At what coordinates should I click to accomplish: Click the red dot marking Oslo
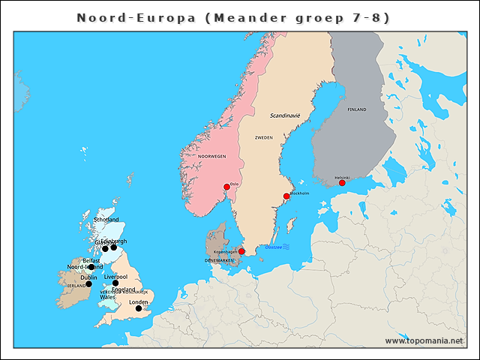coord(226,187)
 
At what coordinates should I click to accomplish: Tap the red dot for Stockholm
coord(286,196)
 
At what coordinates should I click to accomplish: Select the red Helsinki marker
coord(342,183)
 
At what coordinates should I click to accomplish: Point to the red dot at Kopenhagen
coord(241,251)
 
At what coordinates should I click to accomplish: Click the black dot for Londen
coord(138,308)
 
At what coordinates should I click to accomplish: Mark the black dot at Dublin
coord(88,283)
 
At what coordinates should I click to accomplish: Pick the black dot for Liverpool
coord(115,283)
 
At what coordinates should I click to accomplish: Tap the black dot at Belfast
coord(91,267)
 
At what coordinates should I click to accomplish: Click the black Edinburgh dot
coord(114,247)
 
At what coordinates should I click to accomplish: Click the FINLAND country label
coord(357,109)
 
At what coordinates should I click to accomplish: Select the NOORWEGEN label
coord(211,156)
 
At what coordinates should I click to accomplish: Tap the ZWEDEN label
coord(264,138)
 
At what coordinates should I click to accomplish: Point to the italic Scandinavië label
coord(285,115)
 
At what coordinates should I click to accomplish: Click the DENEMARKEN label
coord(219,260)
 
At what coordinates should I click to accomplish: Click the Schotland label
coord(106,220)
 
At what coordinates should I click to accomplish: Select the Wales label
coord(107,297)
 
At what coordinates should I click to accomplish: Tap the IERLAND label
coord(75,286)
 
